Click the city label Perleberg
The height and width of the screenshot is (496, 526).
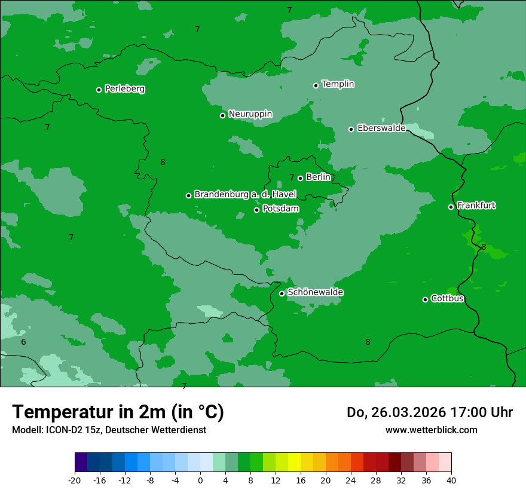coord(124,89)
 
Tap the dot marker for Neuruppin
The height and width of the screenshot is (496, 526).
coord(222,115)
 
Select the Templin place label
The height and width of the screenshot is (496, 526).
coord(338,84)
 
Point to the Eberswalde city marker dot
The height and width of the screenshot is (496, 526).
coord(351,129)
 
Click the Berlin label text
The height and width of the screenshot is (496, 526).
coord(318,177)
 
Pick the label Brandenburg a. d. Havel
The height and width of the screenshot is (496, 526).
coord(245,195)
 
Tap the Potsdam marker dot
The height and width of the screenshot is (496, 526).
coord(257,210)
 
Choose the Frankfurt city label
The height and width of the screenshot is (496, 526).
coord(476,206)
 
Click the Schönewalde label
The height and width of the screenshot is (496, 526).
coord(315,293)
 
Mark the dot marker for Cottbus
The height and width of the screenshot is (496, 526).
coord(425,299)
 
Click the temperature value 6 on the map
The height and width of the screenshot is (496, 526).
coord(23,342)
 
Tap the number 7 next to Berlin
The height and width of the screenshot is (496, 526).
coord(292,178)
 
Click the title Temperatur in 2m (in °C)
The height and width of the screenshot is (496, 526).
coord(118,412)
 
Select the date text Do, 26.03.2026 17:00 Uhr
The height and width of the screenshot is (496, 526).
coord(430,413)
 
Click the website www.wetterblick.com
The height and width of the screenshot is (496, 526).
coord(431,430)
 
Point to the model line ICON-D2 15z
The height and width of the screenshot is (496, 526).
coord(109,430)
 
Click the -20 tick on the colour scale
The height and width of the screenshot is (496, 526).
coord(75,480)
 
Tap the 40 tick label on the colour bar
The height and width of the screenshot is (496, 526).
coord(451,480)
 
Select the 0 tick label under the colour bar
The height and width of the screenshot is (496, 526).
coord(200,480)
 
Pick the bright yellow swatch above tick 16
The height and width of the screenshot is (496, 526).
coord(294,463)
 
